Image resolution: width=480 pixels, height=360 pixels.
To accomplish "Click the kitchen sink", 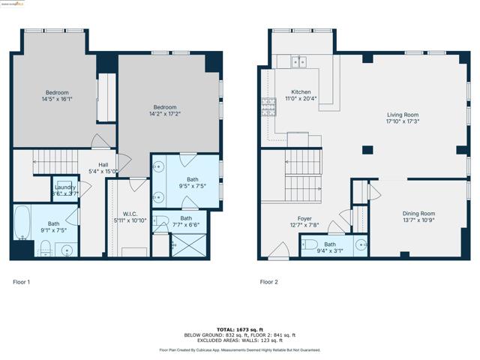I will [x=298, y=61].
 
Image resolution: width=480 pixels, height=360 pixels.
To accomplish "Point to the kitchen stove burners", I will [x=268, y=107].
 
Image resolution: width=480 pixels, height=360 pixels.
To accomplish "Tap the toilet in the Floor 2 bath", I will [x=309, y=244].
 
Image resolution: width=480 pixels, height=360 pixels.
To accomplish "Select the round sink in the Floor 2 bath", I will [x=361, y=244].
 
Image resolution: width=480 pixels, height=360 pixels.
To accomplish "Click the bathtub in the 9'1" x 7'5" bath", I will [x=22, y=220].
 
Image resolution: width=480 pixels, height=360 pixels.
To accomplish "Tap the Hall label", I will [x=104, y=167].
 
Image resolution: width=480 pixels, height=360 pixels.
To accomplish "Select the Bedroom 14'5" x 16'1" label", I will [x=57, y=94].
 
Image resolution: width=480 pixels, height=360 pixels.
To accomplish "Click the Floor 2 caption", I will [x=269, y=282].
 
